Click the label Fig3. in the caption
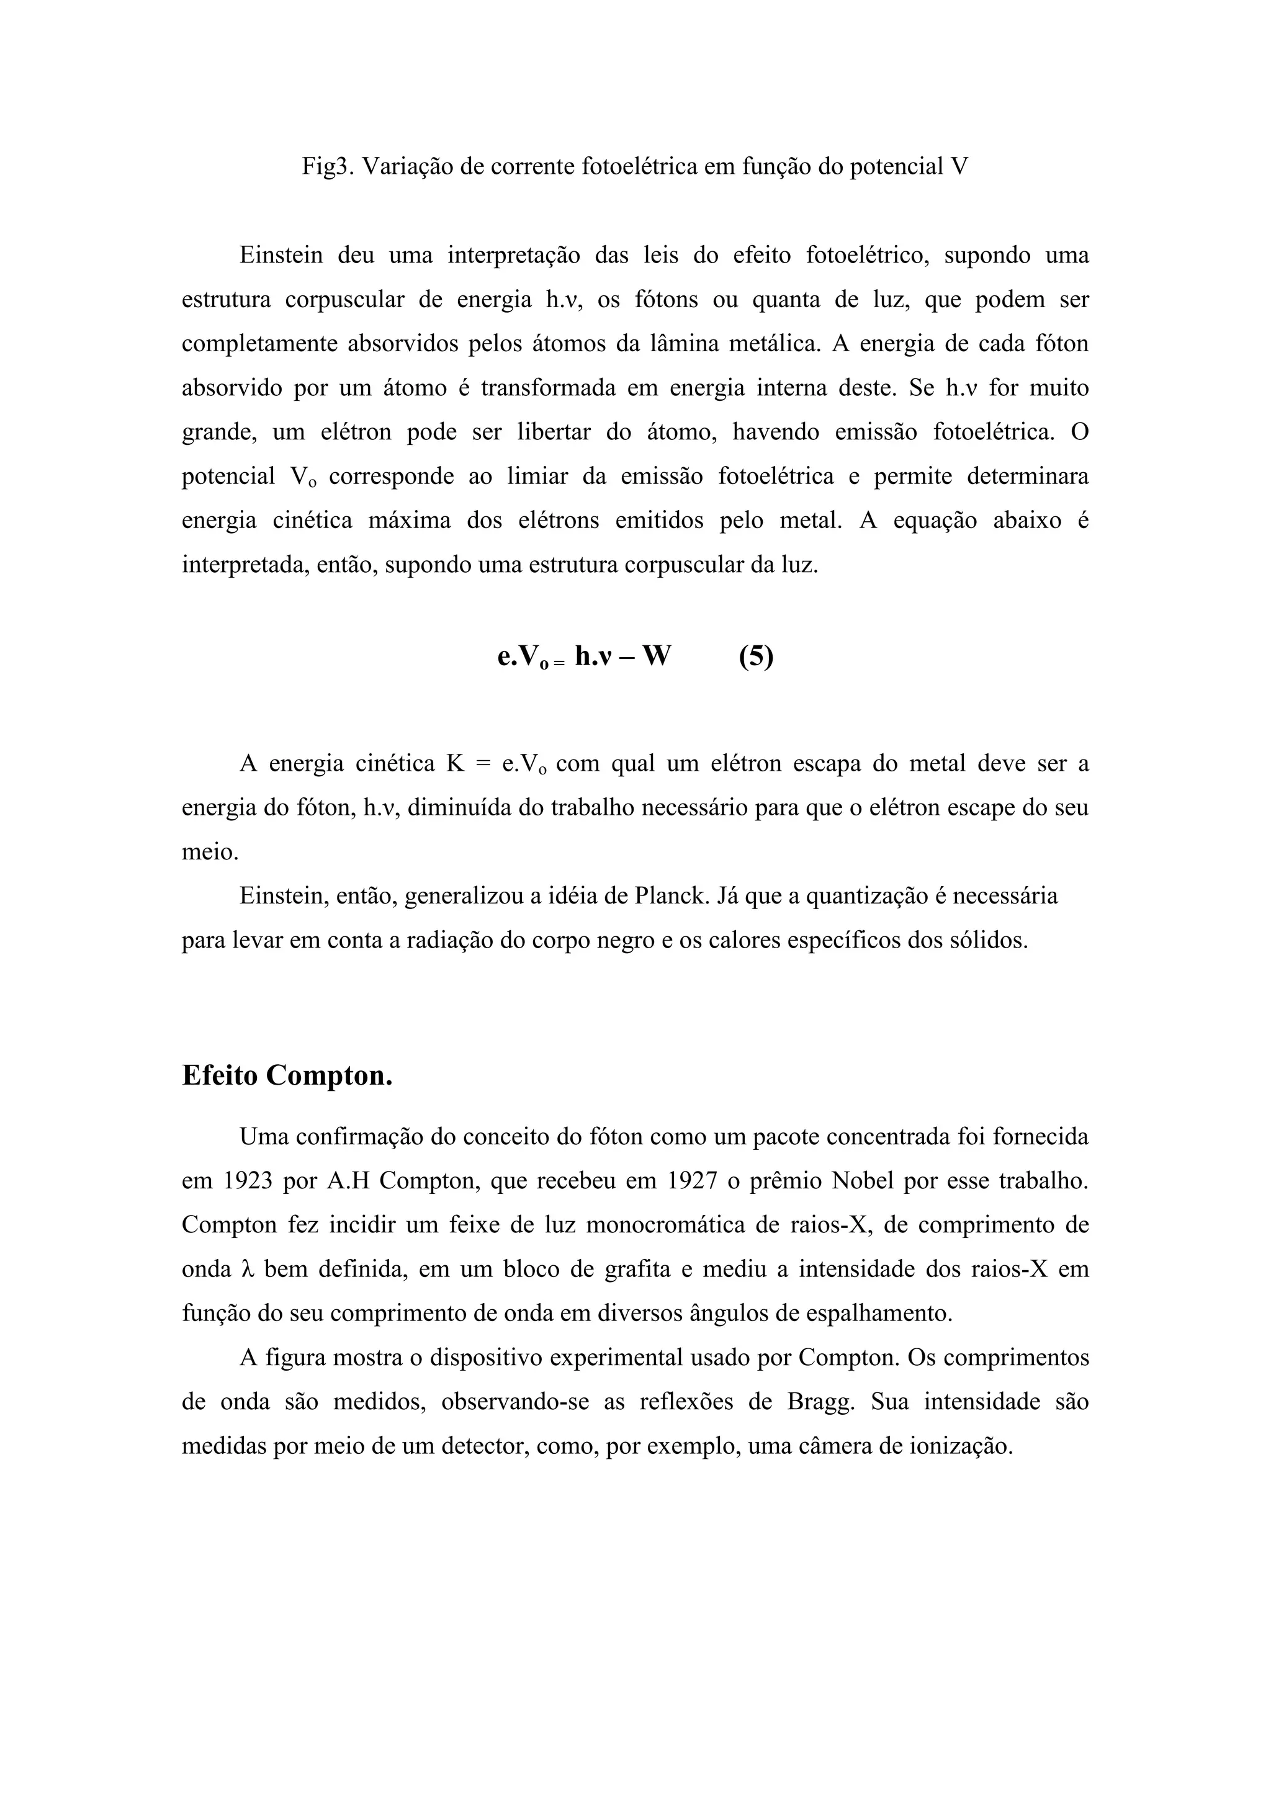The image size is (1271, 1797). [327, 168]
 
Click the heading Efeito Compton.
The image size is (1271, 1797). [287, 1075]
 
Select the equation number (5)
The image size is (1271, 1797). [755, 655]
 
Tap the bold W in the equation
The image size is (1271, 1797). [656, 655]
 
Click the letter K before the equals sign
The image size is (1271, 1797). [456, 763]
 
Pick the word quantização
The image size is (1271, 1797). [867, 895]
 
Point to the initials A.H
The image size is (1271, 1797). [347, 1180]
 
